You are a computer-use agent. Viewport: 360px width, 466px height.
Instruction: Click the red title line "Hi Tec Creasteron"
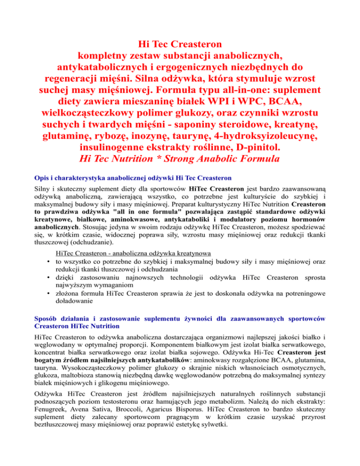180,45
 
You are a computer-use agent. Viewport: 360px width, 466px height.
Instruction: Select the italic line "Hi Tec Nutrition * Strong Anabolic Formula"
180,159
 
